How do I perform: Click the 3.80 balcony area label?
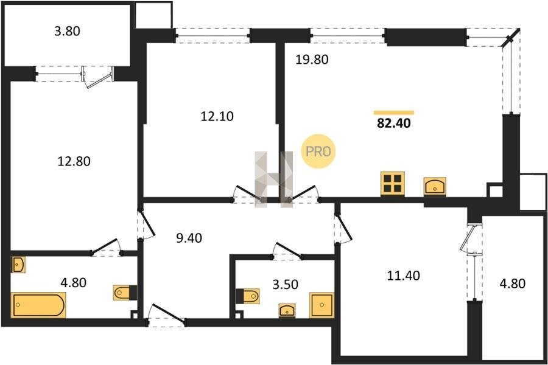coord(67,31)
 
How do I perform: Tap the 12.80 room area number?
coord(74,161)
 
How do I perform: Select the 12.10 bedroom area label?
coord(217,116)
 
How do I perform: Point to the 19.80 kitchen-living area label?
coord(312,60)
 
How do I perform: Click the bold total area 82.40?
coord(394,123)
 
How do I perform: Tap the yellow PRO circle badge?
coord(318,151)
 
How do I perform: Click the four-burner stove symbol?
coord(393,184)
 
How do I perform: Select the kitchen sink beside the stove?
coord(435,186)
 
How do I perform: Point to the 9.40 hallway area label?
coord(189,238)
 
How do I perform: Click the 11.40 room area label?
coord(403,276)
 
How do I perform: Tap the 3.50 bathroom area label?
coord(285,284)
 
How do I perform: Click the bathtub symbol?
coord(38,305)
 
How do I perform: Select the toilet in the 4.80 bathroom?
coord(125,293)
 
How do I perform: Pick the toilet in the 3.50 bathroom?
coord(248,296)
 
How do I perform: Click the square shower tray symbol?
coord(321,305)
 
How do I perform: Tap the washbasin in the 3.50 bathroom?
coord(287,310)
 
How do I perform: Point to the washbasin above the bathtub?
coord(18,265)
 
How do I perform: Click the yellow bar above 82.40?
coord(394,113)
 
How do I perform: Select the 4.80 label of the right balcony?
coord(512,283)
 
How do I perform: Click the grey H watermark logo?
coord(273,179)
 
